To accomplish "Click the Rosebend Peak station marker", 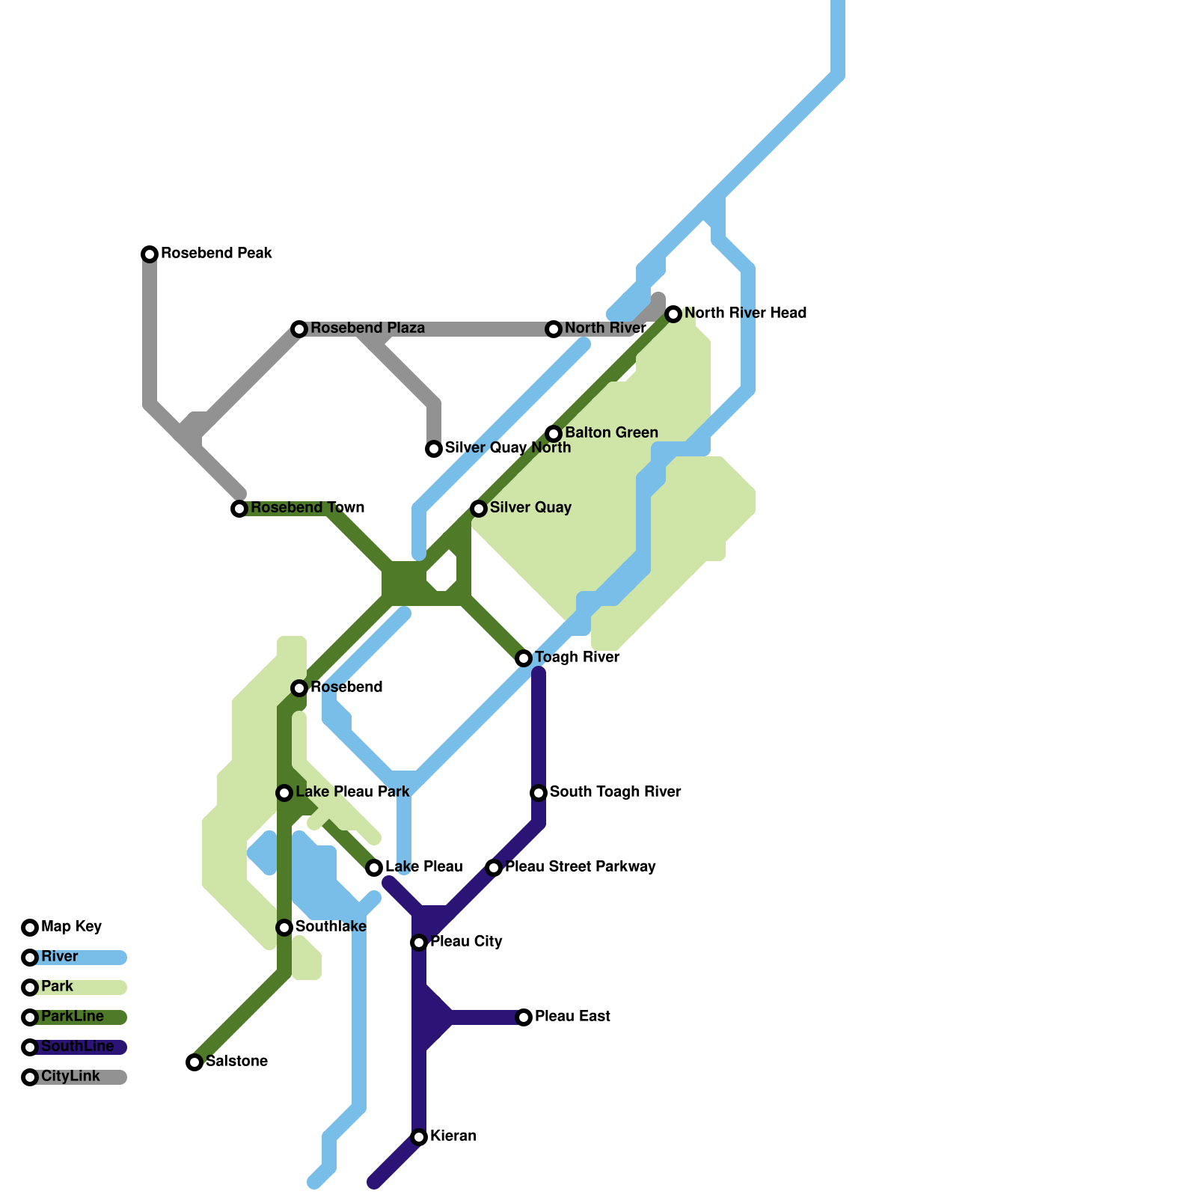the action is pos(150,254).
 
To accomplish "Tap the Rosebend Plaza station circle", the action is pos(299,329).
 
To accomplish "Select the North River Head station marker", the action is pos(673,314).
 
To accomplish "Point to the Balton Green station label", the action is pos(611,432).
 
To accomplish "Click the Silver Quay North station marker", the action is pos(434,449).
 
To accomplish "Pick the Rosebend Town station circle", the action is pos(239,509).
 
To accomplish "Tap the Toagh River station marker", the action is pos(524,658).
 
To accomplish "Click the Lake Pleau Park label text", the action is pos(352,792).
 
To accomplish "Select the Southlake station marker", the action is pos(284,928).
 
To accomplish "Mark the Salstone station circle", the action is pos(195,1062).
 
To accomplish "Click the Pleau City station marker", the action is pos(419,943).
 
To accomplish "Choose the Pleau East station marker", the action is pos(524,1017).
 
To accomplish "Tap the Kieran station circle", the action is pos(419,1137).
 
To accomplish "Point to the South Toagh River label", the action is pos(615,792).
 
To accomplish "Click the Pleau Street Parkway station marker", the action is pos(494,868).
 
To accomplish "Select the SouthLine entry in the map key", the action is pos(78,1047).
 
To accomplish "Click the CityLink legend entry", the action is pos(70,1077).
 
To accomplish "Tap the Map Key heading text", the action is pos(71,926).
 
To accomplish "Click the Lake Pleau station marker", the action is pos(374,868).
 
